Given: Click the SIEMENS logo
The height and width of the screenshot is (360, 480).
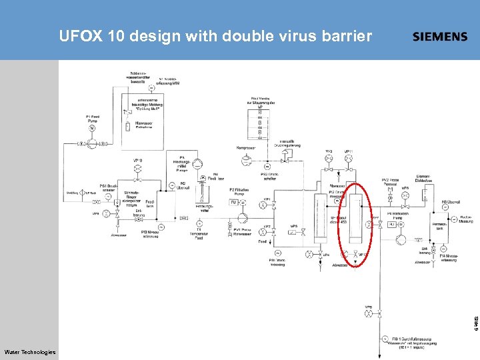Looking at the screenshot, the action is click(x=440, y=37).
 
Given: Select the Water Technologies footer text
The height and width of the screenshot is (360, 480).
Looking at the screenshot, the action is click(x=29, y=352).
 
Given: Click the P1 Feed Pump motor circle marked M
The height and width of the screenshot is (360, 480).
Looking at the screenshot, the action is click(x=91, y=128).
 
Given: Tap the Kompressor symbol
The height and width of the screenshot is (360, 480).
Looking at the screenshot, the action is click(x=247, y=160).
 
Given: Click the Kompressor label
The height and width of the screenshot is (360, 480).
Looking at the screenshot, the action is click(x=246, y=148).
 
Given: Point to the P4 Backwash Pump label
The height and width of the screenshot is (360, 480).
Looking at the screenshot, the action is click(x=399, y=215).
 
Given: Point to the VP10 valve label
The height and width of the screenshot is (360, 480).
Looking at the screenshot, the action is click(x=138, y=160).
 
